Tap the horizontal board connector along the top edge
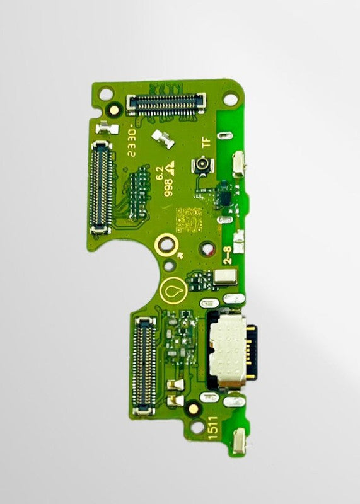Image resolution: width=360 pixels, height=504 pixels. click(166, 103)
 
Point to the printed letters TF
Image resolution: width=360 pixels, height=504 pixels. click(206, 143)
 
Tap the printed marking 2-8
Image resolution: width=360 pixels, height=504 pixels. click(224, 255)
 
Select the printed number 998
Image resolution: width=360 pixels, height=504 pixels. click(168, 188)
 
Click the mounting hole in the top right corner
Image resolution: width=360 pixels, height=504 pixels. click(231, 99)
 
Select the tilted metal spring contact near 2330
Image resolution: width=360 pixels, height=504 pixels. click(163, 139)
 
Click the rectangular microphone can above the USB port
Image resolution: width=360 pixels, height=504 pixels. click(225, 275)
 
